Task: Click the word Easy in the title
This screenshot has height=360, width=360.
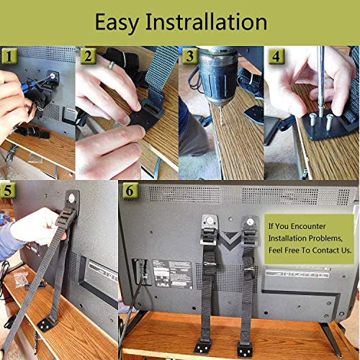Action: (117, 23)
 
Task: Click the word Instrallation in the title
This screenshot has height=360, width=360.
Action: (207, 22)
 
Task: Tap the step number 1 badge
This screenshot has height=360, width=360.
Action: (9, 56)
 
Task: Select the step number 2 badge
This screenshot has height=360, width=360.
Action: (88, 56)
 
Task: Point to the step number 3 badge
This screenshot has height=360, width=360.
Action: (190, 56)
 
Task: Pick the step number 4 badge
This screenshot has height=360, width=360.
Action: (276, 56)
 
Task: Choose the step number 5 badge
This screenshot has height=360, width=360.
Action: (8, 190)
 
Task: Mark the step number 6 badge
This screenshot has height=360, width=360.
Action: (130, 190)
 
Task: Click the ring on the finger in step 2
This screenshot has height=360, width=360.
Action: (111, 65)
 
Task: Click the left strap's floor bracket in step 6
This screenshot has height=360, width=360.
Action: (204, 346)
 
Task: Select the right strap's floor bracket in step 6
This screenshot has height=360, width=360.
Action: (246, 348)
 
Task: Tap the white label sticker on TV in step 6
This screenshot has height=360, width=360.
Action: (173, 274)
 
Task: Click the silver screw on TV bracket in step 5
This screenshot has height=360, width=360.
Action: (71, 198)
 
